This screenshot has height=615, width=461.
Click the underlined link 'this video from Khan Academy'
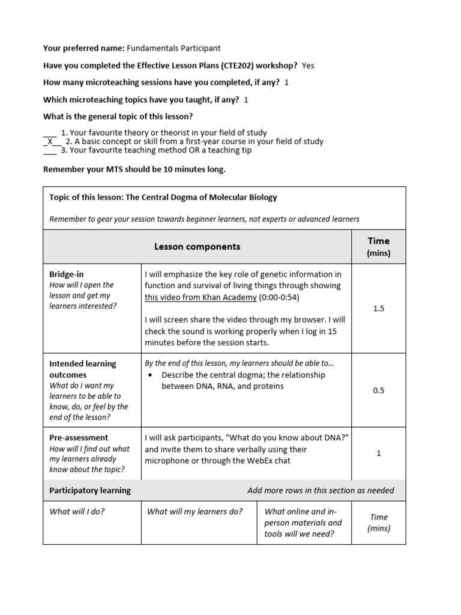click(x=200, y=297)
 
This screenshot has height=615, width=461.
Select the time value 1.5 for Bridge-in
click(x=378, y=309)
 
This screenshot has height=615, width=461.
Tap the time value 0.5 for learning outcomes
click(x=378, y=390)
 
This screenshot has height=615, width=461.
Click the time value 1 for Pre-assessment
click(x=378, y=453)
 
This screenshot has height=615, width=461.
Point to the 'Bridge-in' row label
click(x=66, y=274)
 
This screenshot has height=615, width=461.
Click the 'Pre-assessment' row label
click(x=79, y=438)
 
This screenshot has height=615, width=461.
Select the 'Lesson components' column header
click(x=197, y=247)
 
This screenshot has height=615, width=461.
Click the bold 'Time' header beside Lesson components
click(x=378, y=241)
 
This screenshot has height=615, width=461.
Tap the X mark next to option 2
click(x=50, y=142)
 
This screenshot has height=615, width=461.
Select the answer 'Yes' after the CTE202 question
click(x=308, y=65)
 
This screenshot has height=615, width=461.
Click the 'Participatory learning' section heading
click(x=89, y=491)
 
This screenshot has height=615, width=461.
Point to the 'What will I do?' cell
click(x=77, y=512)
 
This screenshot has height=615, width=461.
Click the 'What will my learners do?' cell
click(x=194, y=512)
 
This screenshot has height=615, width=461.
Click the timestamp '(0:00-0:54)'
click(x=279, y=297)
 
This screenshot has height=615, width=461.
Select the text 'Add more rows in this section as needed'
click(x=321, y=491)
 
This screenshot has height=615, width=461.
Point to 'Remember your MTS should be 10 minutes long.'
click(x=134, y=169)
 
